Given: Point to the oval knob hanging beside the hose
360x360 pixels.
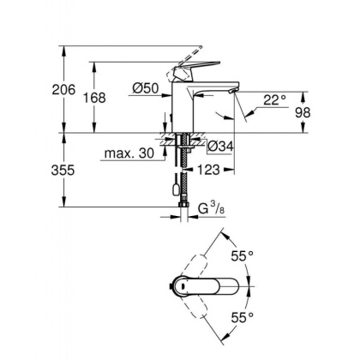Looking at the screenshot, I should [176, 187].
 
